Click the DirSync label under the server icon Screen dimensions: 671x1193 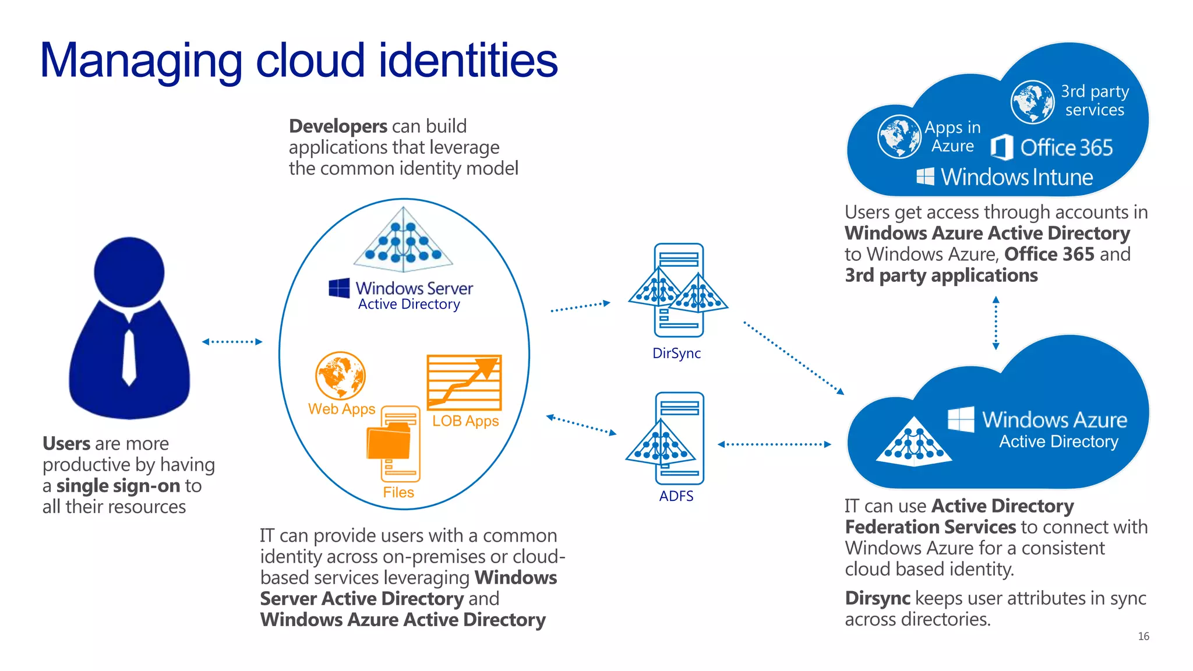point(676,353)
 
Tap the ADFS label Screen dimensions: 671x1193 point(676,496)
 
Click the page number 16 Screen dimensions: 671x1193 point(1143,636)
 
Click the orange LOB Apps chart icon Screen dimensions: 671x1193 point(464,383)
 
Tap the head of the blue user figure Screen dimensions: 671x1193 point(129,271)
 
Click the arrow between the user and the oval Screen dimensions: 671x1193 point(232,342)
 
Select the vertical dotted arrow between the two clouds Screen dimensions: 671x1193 point(996,323)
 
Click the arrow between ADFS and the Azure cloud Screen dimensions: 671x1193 point(774,444)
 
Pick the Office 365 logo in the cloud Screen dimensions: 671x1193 point(1002,147)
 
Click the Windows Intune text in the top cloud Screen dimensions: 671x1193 point(1016,177)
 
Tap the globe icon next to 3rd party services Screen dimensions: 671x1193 point(1032,102)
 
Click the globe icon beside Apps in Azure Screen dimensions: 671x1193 point(899,136)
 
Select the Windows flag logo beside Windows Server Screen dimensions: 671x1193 point(339,288)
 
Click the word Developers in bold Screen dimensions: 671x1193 point(338,126)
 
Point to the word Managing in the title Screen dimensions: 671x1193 point(140,61)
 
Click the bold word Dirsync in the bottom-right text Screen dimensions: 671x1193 point(877,598)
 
